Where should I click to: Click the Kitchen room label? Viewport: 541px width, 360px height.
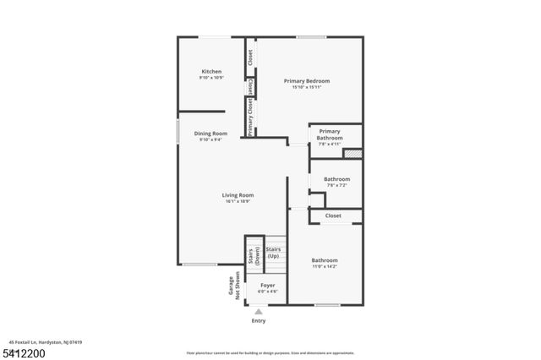[x=211, y=71]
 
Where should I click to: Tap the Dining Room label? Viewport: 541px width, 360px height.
[x=211, y=134]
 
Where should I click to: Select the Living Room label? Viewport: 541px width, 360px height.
[x=238, y=195]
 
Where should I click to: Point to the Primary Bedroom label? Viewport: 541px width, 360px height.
[x=306, y=81]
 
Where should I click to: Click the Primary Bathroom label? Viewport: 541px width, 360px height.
[x=330, y=134]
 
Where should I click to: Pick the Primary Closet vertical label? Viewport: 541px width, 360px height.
[x=250, y=116]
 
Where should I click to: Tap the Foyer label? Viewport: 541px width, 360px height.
[x=267, y=286]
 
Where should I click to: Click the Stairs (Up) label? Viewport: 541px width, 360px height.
[x=274, y=253]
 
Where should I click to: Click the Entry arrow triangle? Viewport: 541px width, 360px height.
[x=259, y=311]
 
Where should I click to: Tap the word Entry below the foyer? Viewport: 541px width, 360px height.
[x=259, y=320]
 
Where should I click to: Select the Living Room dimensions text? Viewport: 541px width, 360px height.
[x=238, y=201]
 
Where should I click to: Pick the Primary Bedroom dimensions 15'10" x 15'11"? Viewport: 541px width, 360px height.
[x=306, y=87]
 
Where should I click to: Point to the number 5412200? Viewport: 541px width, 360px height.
[x=25, y=352]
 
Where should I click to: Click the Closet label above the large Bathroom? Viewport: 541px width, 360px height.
[x=333, y=215]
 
